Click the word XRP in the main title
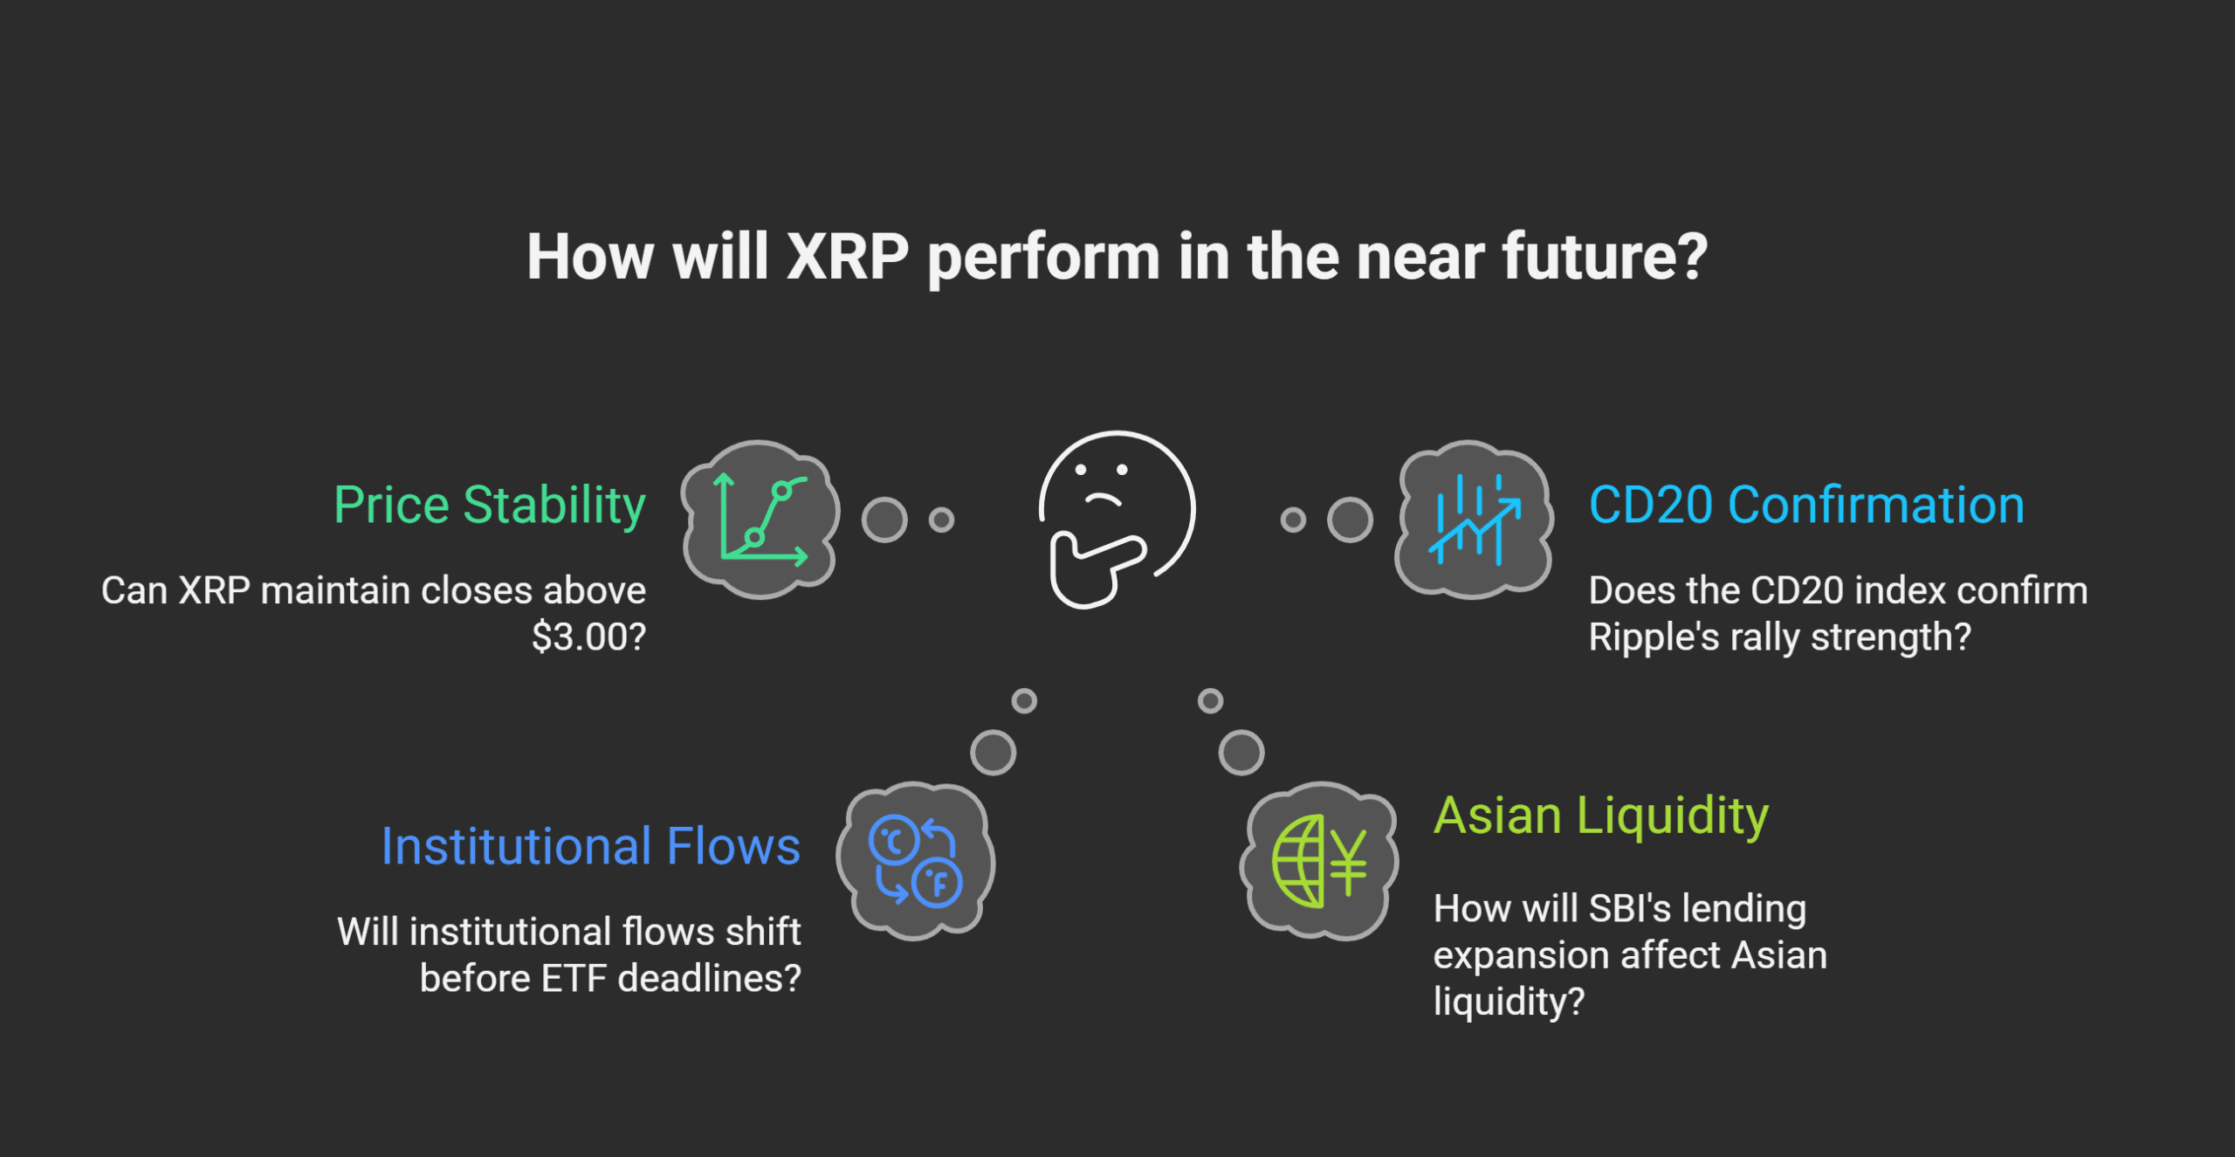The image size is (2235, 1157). (x=848, y=257)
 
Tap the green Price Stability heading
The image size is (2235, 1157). (x=490, y=505)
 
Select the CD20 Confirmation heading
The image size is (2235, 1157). (x=1806, y=505)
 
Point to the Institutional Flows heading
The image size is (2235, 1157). (x=591, y=846)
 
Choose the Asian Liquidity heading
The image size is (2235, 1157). (x=1601, y=816)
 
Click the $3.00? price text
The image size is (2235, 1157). (x=589, y=637)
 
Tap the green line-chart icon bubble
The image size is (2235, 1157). (x=760, y=520)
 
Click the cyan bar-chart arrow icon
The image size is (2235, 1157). (x=1474, y=520)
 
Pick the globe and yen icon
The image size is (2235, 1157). (x=1319, y=861)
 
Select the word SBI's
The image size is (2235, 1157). (x=1630, y=908)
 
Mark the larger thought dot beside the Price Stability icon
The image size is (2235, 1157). (x=884, y=520)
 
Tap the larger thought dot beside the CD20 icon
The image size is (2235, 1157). (x=1350, y=520)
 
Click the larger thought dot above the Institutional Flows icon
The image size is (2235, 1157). (x=994, y=753)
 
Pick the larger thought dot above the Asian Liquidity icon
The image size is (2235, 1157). (x=1241, y=753)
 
